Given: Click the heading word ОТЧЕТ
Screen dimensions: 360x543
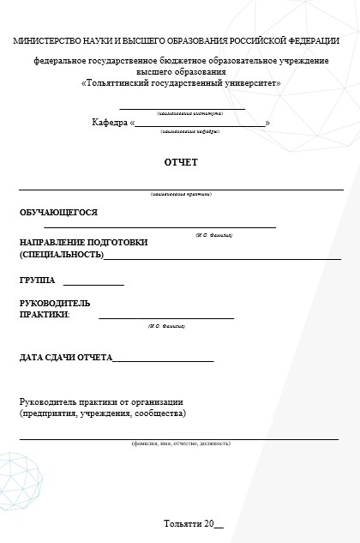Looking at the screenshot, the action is [x=181, y=162].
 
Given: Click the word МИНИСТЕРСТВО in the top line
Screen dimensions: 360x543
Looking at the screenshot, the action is [x=44, y=41].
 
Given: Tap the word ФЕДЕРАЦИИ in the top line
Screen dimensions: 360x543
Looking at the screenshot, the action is [x=315, y=41].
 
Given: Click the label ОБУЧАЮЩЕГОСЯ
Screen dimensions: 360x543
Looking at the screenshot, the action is [x=58, y=212].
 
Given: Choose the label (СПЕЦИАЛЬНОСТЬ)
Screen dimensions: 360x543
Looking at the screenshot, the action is [x=61, y=255].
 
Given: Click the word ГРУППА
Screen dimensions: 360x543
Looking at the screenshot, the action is [x=37, y=281].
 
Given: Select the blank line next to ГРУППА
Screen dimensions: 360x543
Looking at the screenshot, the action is [x=93, y=283].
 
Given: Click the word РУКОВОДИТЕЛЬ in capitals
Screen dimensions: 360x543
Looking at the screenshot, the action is [x=55, y=303].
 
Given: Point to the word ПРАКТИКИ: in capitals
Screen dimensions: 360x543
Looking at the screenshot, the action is [x=45, y=315].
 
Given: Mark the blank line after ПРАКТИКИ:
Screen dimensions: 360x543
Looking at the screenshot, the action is [x=166, y=317].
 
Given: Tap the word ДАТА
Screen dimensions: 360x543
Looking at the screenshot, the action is [x=32, y=358].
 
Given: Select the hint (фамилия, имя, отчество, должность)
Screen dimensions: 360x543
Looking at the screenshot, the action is [x=181, y=444].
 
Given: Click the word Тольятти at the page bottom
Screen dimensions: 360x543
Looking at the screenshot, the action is [x=183, y=523].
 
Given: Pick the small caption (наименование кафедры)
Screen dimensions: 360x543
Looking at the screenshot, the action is [x=189, y=132].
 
